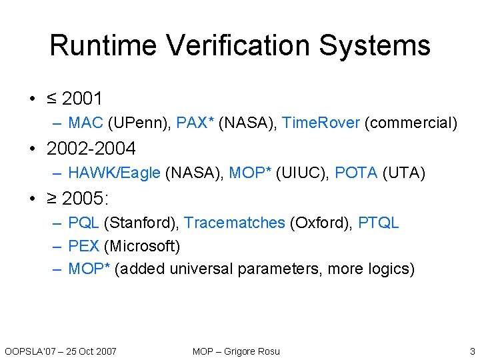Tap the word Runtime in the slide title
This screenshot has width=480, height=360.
click(104, 45)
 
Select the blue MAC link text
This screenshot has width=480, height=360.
click(85, 123)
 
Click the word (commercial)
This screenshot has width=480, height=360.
click(411, 123)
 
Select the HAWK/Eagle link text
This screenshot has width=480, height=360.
click(114, 173)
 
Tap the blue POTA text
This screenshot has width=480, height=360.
click(356, 173)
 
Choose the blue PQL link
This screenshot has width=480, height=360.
click(83, 223)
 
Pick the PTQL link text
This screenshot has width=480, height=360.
click(378, 223)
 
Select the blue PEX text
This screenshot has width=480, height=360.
click(83, 247)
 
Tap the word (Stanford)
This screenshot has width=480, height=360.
click(141, 223)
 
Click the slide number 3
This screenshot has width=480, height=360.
click(472, 351)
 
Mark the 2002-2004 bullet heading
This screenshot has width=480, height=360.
click(91, 148)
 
